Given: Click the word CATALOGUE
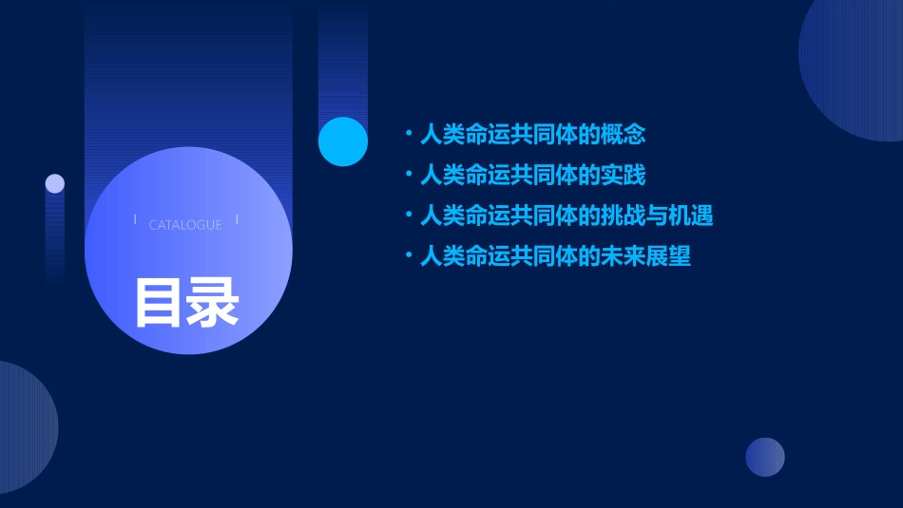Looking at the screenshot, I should [185, 225].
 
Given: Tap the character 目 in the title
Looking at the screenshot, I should [159, 302].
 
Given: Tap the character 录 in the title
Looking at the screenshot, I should [213, 302].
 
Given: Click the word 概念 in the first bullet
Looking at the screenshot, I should [624, 135].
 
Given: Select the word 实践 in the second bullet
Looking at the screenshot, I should [624, 176].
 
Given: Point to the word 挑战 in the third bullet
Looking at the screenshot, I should [624, 216].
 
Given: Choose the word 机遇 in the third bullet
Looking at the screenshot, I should [691, 216].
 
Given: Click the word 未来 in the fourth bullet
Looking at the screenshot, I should [624, 256].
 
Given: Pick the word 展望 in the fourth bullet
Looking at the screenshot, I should [668, 256].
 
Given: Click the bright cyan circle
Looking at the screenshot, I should [343, 141].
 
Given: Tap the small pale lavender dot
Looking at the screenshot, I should [55, 183].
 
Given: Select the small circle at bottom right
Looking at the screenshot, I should [765, 457].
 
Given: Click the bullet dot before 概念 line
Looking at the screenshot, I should [408, 135].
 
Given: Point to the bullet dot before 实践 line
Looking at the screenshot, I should [408, 176].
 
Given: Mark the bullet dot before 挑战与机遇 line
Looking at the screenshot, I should [408, 216].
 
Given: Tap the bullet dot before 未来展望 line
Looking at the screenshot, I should [408, 256].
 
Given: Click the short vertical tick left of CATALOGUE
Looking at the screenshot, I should [135, 219].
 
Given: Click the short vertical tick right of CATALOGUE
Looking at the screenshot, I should [237, 219].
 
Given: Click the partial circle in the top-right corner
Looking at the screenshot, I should [855, 66].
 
